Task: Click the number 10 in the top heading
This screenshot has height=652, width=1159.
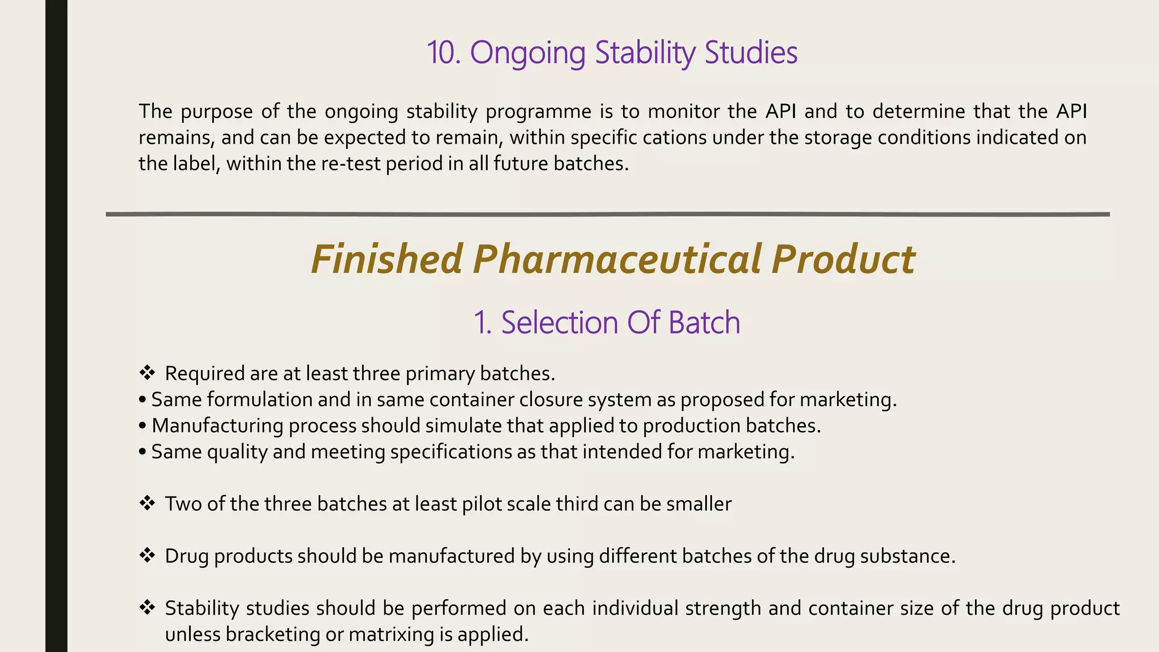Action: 444,53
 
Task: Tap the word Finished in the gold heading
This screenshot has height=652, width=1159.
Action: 387,259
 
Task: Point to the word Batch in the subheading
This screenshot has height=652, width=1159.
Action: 704,323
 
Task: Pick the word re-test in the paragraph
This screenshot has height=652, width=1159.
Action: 351,164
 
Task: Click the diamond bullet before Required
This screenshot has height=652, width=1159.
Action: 147,372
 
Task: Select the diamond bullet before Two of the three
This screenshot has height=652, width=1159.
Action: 147,503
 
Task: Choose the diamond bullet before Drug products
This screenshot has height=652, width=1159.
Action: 147,555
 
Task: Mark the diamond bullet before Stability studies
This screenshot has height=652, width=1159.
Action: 147,607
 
